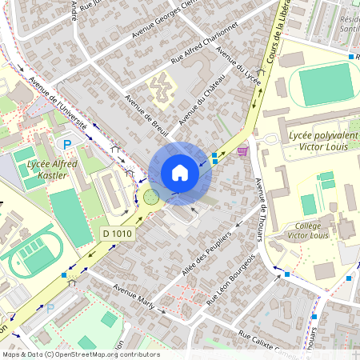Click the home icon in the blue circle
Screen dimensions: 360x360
tap(179, 173)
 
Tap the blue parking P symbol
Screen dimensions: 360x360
tap(67, 145)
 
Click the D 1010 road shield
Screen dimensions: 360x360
tap(117, 233)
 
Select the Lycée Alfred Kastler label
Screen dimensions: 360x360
tap(46, 169)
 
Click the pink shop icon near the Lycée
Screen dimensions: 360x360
tap(242, 150)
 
